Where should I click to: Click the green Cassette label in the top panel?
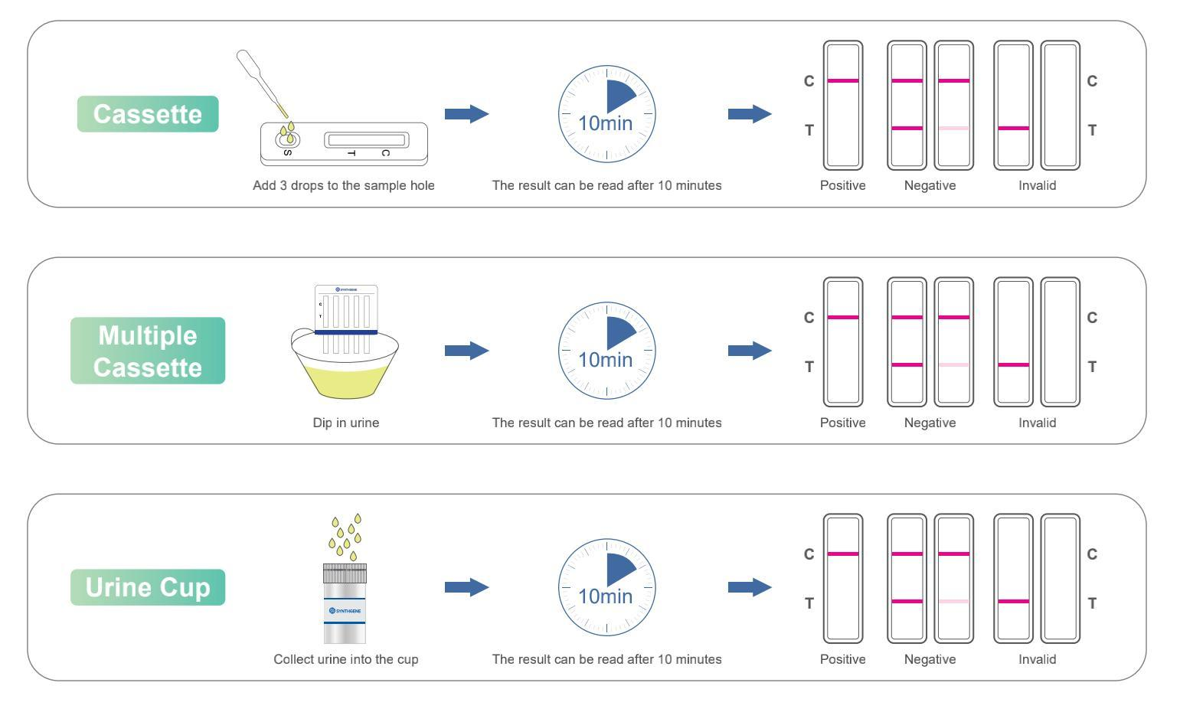tap(148, 114)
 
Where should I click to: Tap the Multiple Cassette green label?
tap(148, 351)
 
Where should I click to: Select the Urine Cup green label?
tap(148, 587)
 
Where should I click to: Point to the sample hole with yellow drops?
tap(288, 138)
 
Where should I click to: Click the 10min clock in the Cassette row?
tap(606, 114)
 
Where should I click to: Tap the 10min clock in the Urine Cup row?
tap(606, 587)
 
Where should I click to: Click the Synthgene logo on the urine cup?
tap(345, 610)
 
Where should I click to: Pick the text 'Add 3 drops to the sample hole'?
tap(344, 185)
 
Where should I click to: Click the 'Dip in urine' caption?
tap(345, 423)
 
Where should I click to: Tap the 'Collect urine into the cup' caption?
tap(346, 659)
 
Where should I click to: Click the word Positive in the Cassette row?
tap(842, 185)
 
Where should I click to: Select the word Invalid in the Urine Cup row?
tap(1037, 659)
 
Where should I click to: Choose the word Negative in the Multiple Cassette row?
tap(930, 423)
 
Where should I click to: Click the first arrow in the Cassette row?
tap(466, 114)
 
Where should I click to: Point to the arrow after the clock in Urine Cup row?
tap(750, 587)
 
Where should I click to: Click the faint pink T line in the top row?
tap(953, 129)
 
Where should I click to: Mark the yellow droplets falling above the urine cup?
tap(345, 535)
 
